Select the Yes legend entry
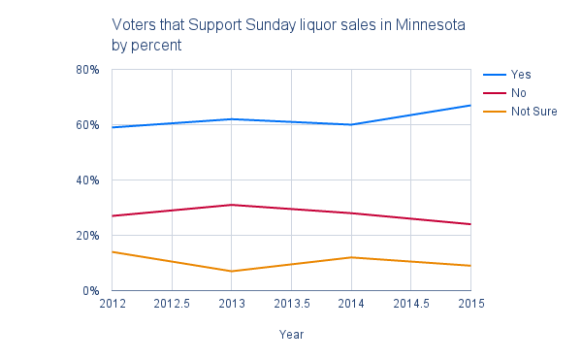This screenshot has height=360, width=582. click(x=521, y=74)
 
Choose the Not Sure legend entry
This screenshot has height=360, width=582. click(x=533, y=111)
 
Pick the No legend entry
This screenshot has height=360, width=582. click(x=519, y=92)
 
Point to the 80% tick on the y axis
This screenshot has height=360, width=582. click(x=88, y=70)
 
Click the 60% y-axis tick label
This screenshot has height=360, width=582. click(x=88, y=125)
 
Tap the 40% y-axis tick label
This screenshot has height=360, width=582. click(x=88, y=180)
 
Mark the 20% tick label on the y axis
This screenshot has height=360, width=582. click(x=88, y=236)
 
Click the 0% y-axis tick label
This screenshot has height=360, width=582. click(x=91, y=291)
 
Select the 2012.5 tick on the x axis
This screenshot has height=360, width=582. click(x=172, y=305)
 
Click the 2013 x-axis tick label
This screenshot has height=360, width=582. click(x=231, y=305)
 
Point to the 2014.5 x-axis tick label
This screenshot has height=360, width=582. click(x=411, y=305)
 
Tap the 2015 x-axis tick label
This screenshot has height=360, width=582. click(x=470, y=305)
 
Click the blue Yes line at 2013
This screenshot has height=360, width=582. click(x=231, y=119)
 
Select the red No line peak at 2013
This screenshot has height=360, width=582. click(x=231, y=205)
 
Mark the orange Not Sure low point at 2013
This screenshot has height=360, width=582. click(x=231, y=271)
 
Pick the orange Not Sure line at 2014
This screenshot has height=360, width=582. click(x=351, y=257)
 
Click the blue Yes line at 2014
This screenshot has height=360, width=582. click(x=351, y=124)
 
